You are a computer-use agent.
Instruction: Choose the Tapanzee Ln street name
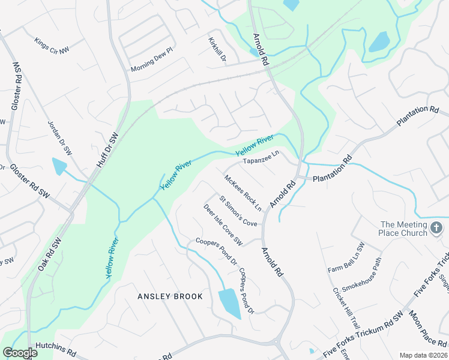261,157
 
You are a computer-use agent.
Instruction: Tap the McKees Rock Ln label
243,193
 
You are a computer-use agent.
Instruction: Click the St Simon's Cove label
238,211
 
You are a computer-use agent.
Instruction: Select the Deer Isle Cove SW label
222,225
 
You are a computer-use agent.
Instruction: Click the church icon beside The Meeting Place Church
436,227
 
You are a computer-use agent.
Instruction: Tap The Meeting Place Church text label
404,229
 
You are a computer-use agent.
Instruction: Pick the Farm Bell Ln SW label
346,258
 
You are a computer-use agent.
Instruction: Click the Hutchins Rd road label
55,346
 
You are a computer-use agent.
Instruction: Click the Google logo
20,352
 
